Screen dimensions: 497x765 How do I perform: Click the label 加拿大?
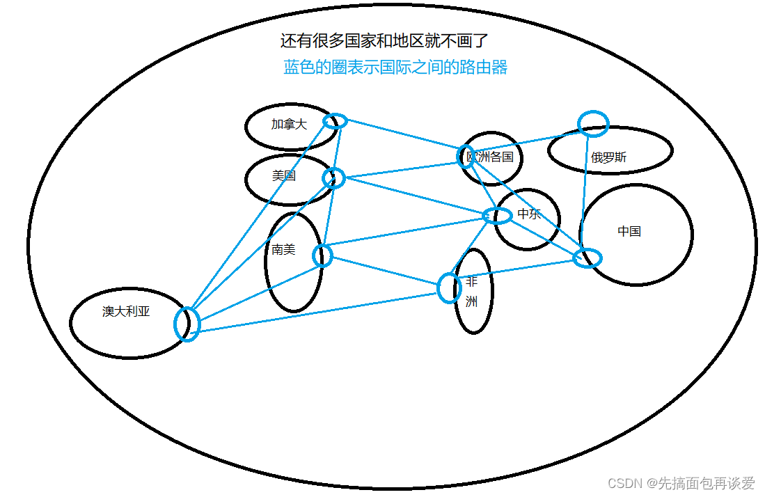pyautogui.click(x=289, y=125)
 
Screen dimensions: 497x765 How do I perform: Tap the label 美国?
pyautogui.click(x=283, y=176)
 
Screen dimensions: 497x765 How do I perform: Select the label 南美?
pyautogui.click(x=283, y=249)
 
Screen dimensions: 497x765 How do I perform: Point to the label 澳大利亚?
pyautogui.click(x=126, y=311)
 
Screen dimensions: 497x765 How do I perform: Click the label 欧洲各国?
pyautogui.click(x=491, y=157)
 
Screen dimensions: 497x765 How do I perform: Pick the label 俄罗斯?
pyautogui.click(x=608, y=157)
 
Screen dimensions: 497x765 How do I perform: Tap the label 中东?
pyautogui.click(x=529, y=214)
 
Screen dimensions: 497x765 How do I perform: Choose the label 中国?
pyautogui.click(x=629, y=231)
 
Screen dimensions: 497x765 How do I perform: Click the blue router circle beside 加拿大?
pyautogui.click(x=335, y=121)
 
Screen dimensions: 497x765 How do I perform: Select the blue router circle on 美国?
pyautogui.click(x=333, y=178)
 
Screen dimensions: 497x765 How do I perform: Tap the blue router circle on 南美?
pyautogui.click(x=322, y=255)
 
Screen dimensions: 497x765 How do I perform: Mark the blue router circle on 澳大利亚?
pyautogui.click(x=187, y=324)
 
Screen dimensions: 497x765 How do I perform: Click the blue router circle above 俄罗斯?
pyautogui.click(x=593, y=124)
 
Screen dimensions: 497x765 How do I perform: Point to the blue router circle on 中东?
pyautogui.click(x=497, y=215)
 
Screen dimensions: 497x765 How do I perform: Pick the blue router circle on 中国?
pyautogui.click(x=587, y=258)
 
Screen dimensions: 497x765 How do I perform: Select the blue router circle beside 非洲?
pyautogui.click(x=449, y=288)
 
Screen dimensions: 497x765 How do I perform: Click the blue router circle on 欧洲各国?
pyautogui.click(x=466, y=157)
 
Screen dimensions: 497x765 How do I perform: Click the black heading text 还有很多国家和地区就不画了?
pyautogui.click(x=390, y=41)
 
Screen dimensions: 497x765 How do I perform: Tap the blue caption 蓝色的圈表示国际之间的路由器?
pyautogui.click(x=395, y=68)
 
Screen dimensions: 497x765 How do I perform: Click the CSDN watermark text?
pyautogui.click(x=681, y=483)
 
